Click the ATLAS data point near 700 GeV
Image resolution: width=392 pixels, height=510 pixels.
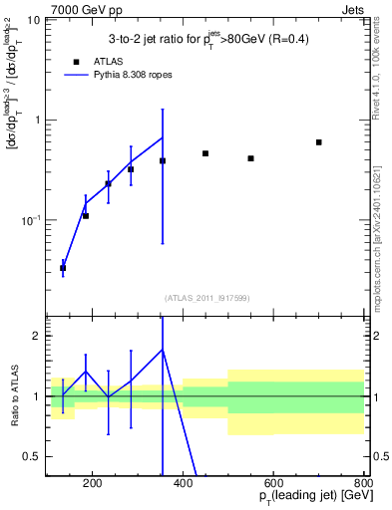coord(319,142)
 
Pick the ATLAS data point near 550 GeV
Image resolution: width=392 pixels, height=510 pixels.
coord(251,158)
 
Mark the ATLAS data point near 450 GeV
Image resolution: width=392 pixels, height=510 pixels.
coord(205,153)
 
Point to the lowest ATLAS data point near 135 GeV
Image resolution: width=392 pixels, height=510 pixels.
coord(63,268)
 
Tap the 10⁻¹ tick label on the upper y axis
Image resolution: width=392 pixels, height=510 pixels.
coord(30,219)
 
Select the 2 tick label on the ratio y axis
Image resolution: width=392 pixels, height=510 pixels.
coord(36,337)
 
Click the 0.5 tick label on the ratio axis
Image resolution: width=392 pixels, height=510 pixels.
coord(32,456)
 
